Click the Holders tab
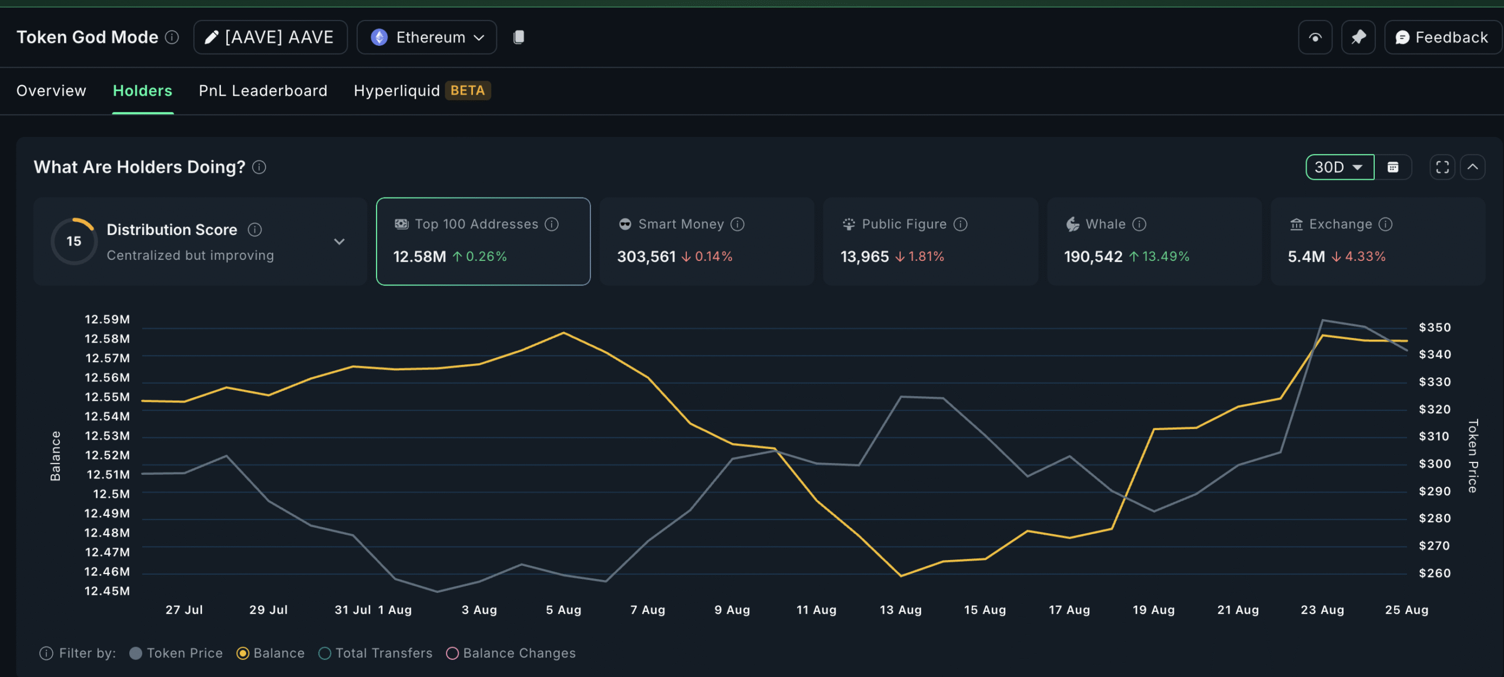[142, 91]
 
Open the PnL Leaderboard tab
[263, 91]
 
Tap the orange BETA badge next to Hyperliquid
[468, 91]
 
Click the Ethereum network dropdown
[427, 38]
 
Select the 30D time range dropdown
[1339, 167]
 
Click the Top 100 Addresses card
[483, 241]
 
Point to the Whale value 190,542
[1093, 257]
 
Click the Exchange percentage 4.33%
[1365, 257]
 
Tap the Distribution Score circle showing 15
[74, 241]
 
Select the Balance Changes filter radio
[452, 653]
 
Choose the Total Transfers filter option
[325, 653]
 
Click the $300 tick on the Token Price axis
[1434, 464]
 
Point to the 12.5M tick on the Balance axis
[111, 494]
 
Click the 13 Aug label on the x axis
[901, 610]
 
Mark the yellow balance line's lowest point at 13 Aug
[901, 575]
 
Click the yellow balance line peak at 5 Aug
[564, 333]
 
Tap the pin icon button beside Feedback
[1358, 38]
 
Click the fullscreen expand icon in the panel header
[1442, 167]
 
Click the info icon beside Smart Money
[737, 224]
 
